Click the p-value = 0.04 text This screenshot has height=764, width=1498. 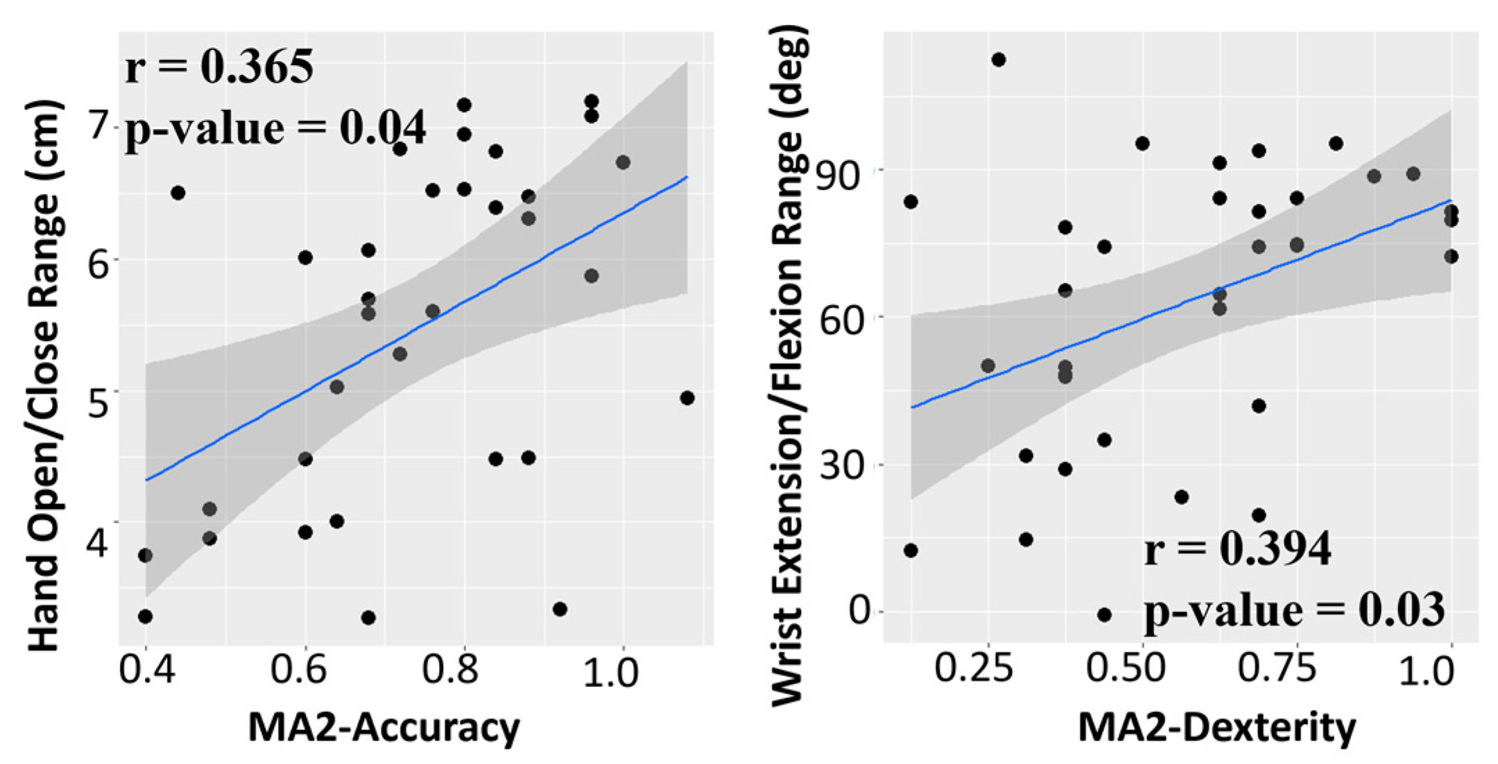pyautogui.click(x=275, y=129)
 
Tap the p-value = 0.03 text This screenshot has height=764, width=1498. pyautogui.click(x=1294, y=610)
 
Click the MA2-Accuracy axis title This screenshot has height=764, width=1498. pyautogui.click(x=384, y=728)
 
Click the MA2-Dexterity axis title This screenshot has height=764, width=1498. pyautogui.click(x=1216, y=728)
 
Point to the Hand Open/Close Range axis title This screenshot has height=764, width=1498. pyautogui.click(x=45, y=374)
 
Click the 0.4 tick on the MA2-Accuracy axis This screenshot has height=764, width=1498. pyautogui.click(x=146, y=671)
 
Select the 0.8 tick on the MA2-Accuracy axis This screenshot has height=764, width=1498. pyautogui.click(x=463, y=671)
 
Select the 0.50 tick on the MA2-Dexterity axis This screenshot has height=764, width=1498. pyautogui.click(x=1140, y=669)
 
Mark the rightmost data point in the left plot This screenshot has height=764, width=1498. pyautogui.click(x=687, y=398)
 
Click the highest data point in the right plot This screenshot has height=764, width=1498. pyautogui.click(x=999, y=60)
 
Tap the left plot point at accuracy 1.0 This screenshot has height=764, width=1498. pyautogui.click(x=623, y=162)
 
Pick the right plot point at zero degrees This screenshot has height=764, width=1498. pyautogui.click(x=1105, y=615)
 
